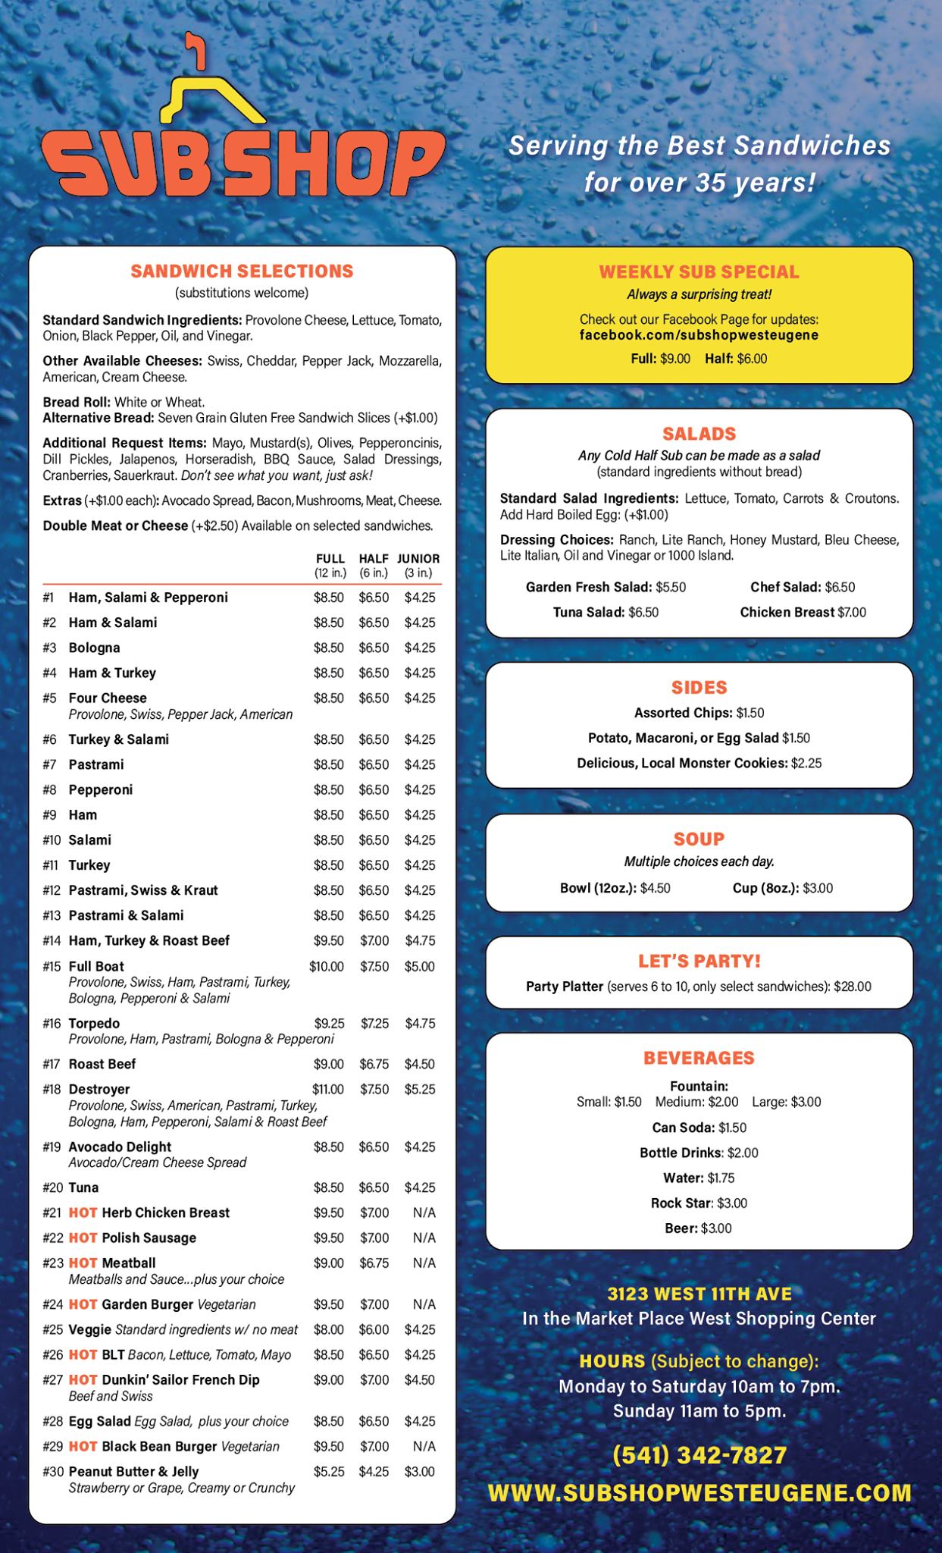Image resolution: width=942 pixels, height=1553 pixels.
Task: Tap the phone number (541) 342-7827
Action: (699, 1455)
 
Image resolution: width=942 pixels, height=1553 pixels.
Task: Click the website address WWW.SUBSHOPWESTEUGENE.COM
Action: (699, 1492)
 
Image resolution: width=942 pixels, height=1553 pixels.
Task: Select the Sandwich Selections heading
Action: (242, 271)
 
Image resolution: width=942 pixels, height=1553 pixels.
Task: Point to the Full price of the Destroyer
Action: (327, 1089)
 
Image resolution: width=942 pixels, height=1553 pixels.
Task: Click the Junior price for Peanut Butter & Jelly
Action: (420, 1471)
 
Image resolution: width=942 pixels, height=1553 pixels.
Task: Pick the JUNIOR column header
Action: (418, 558)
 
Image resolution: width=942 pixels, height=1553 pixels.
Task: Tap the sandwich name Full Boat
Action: (96, 966)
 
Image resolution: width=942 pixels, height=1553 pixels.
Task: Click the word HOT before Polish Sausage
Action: (83, 1238)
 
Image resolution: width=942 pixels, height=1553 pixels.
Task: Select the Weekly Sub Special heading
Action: (699, 271)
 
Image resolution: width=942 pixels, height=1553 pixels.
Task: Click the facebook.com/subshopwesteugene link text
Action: (699, 334)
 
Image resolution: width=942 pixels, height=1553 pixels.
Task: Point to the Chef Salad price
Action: (840, 587)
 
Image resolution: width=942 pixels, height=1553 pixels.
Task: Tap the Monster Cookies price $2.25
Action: (806, 763)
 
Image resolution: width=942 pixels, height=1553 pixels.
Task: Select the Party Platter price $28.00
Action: (853, 987)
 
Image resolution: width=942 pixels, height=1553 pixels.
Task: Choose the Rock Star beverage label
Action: (682, 1203)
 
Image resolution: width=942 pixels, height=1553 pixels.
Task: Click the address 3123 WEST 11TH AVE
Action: (699, 1293)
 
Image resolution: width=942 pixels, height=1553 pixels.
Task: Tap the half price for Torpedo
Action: (374, 1023)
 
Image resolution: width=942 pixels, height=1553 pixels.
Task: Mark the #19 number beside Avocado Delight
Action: (52, 1147)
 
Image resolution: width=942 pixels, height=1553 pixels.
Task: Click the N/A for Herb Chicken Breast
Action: (424, 1213)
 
